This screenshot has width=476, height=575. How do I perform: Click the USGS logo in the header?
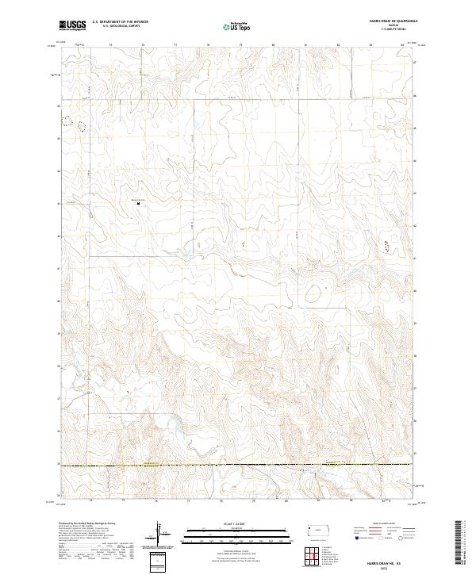point(71,26)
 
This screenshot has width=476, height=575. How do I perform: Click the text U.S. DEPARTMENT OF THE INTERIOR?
point(120,23)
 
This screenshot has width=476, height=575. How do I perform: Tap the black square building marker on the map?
point(139,204)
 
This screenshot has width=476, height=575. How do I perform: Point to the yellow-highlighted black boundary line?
point(238,466)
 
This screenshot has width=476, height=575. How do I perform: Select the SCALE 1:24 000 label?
point(238,523)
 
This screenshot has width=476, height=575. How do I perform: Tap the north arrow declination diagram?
point(160,534)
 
